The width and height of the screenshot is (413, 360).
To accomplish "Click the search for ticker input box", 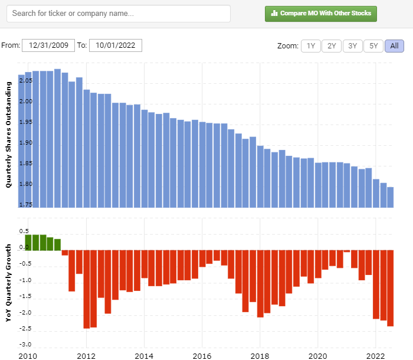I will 118,14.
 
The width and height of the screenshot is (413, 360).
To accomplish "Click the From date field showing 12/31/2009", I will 48,45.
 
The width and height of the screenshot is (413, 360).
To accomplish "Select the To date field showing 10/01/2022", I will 116,45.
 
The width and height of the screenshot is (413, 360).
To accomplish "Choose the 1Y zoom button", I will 311,46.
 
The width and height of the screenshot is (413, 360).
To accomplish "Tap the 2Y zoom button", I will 332,46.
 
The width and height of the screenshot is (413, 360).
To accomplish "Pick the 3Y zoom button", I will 352,46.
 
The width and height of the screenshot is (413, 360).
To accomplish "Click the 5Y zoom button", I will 373,46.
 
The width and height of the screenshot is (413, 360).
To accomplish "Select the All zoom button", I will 394,46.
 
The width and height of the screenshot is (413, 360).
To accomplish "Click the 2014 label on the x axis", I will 144,356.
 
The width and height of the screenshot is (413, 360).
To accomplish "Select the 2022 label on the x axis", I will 375,356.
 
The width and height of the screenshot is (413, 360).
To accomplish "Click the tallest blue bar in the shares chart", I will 57,138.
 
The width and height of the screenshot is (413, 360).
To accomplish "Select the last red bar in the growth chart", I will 390,287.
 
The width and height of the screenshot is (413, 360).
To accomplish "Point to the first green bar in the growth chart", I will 28,242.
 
